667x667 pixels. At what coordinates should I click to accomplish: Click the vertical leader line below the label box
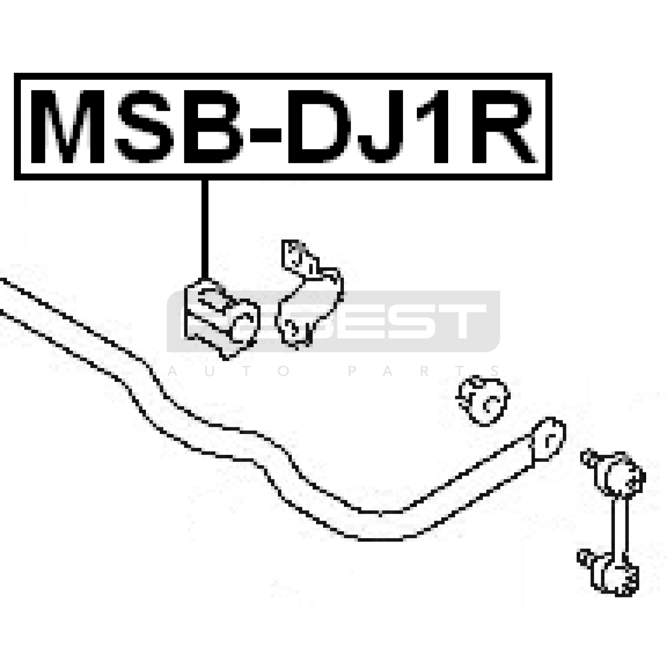click(204, 229)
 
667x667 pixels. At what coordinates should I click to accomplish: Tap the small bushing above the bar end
click(484, 400)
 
